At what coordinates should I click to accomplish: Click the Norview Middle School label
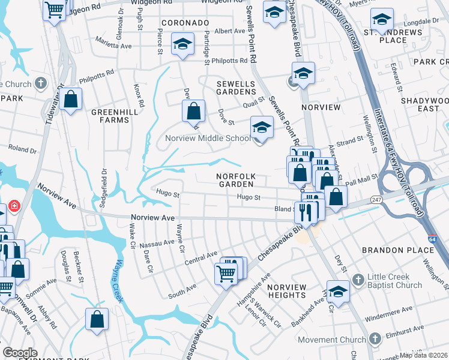[208, 138]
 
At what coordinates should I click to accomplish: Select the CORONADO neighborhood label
[184, 23]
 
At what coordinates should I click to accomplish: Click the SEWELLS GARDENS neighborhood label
[236, 87]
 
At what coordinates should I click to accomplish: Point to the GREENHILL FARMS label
[110, 116]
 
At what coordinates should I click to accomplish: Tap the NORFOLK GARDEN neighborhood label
[237, 180]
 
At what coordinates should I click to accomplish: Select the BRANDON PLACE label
[393, 249]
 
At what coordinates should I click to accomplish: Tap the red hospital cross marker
[13, 207]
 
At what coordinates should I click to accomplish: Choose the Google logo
[20, 353]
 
